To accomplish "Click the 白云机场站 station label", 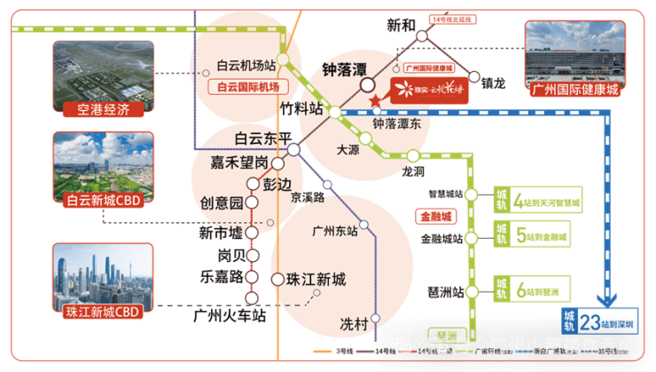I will [246, 66].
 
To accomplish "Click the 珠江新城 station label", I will [316, 279].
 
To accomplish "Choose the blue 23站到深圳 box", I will [602, 320].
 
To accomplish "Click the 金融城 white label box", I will [434, 215].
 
